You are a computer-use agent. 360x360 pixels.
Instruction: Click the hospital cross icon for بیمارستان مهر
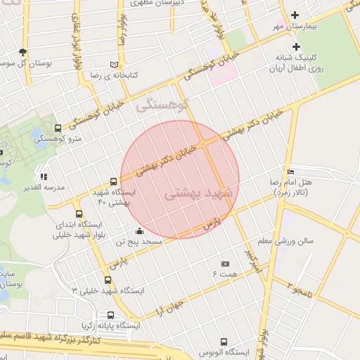(x=295, y=15)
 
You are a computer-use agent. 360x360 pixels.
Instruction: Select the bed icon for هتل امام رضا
(x=291, y=172)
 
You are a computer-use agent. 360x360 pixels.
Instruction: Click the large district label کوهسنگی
(x=163, y=106)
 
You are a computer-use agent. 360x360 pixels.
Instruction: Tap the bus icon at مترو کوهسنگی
(x=58, y=128)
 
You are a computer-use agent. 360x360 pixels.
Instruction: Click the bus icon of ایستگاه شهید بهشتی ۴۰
(x=115, y=181)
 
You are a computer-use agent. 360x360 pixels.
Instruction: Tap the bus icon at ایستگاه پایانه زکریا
(x=110, y=316)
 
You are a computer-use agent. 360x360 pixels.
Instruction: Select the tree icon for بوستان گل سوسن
(x=23, y=52)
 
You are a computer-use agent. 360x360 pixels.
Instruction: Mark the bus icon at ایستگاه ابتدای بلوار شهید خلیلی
(x=78, y=214)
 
